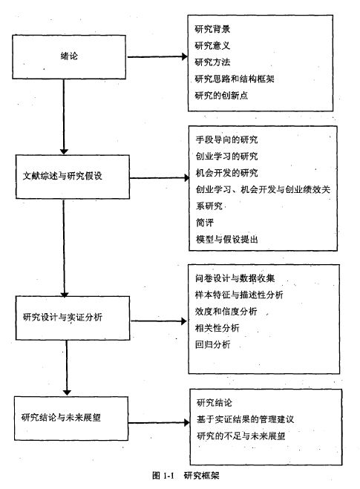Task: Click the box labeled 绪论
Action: click(69, 56)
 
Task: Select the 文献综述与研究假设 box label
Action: click(62, 176)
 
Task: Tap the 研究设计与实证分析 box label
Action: click(62, 317)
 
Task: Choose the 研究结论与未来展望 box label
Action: click(61, 417)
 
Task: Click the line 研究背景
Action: click(212, 29)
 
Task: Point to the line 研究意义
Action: click(212, 45)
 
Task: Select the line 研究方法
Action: click(212, 62)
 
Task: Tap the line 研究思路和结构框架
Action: click(235, 79)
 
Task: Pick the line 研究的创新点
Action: click(221, 95)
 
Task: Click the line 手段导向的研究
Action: click(227, 140)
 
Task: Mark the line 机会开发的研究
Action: click(227, 172)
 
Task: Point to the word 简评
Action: click(205, 223)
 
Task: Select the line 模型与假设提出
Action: click(227, 239)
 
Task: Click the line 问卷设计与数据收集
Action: click(235, 278)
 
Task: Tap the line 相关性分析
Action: click(217, 328)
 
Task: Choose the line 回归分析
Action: click(213, 344)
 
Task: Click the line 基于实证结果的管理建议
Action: click(245, 419)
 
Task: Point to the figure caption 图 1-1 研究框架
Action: click(186, 476)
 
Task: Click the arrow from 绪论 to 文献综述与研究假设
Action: click(64, 116)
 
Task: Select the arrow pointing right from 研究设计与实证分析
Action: click(159, 321)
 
